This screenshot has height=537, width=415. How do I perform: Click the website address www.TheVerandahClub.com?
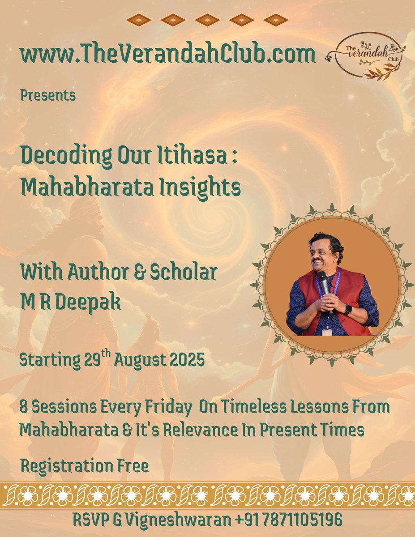pyautogui.click(x=167, y=55)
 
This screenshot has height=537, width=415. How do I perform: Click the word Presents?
pyautogui.click(x=47, y=95)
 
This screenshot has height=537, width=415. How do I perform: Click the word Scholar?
pyautogui.click(x=183, y=273)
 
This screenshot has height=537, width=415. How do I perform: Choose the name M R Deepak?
pyautogui.click(x=70, y=302)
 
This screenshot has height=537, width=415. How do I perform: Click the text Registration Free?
pyautogui.click(x=85, y=466)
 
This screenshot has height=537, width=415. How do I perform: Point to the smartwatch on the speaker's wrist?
pyautogui.click(x=348, y=309)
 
